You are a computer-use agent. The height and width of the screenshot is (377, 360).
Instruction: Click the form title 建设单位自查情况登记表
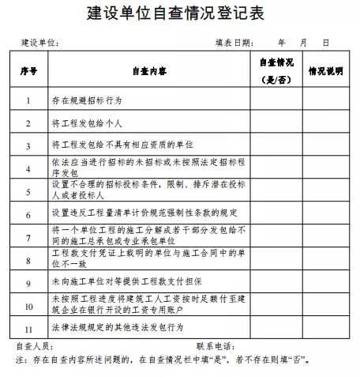tap(180, 13)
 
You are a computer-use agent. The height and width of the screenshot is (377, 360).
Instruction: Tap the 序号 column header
tap(28, 71)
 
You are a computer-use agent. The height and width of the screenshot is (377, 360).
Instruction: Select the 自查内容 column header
tap(149, 71)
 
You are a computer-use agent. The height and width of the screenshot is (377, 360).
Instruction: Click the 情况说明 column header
tap(325, 71)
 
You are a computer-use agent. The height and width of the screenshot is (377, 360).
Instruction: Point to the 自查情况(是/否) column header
tap(276, 71)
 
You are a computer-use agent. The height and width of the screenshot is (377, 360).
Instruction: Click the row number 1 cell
tap(28, 101)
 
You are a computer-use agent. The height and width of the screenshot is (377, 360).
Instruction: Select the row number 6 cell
tap(28, 214)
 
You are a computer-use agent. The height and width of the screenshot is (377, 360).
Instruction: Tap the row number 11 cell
tap(28, 326)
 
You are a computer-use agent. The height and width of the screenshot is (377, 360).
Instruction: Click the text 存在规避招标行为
tap(88, 101)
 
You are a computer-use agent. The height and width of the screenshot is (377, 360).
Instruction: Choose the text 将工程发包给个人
tap(88, 124)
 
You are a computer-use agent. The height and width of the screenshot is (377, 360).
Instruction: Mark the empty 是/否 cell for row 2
tap(276, 124)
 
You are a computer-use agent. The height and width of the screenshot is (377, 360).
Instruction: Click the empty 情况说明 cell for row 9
tap(325, 282)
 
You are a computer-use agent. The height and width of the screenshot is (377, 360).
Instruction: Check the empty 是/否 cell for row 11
tap(276, 326)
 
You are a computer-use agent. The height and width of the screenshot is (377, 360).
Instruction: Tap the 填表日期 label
tap(235, 42)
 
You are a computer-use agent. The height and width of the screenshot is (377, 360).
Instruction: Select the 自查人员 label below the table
tap(35, 345)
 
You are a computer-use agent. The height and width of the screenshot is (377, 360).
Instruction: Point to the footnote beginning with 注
tap(161, 360)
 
